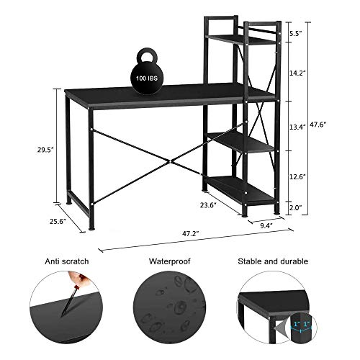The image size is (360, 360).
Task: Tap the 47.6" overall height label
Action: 319,124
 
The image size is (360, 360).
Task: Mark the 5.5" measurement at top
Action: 297,33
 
